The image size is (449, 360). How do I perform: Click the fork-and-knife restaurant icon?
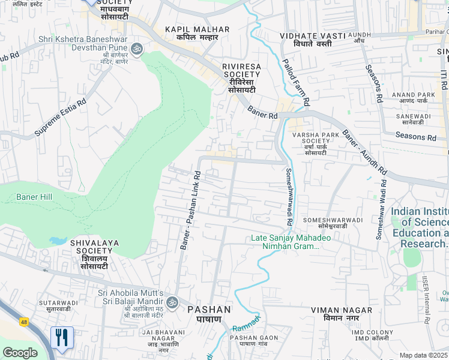[62, 337]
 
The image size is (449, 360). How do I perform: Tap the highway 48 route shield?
[24, 322]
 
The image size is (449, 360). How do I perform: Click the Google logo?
[20, 353]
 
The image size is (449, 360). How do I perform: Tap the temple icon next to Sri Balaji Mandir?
[173, 301]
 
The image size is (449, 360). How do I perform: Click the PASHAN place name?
[209, 310]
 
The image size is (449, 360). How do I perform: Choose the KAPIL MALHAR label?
[197, 29]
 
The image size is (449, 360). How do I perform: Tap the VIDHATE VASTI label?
[313, 36]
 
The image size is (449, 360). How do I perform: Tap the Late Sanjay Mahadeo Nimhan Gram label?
[291, 242]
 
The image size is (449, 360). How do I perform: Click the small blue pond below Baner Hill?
[58, 241]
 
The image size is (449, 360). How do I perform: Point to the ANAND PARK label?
[413, 95]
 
